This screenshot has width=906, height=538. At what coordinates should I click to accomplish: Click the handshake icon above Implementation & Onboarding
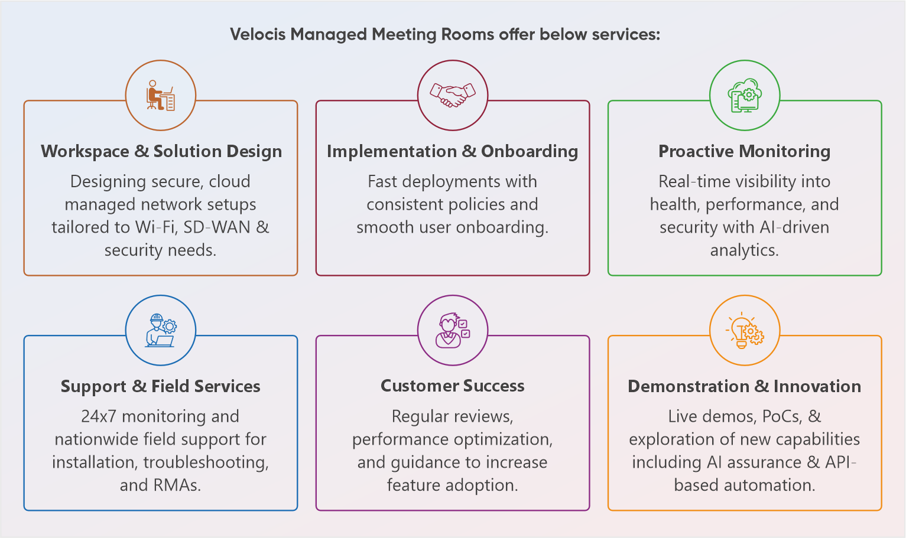453,95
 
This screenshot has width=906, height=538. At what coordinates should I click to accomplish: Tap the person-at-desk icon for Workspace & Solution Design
161,95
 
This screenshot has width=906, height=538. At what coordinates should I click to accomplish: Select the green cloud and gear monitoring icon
745,95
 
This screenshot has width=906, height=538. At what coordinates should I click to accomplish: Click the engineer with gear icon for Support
161,330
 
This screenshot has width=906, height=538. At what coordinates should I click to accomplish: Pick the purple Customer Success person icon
453,330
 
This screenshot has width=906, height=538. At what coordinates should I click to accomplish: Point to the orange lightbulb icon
745,330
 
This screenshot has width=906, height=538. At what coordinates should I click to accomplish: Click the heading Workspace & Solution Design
161,151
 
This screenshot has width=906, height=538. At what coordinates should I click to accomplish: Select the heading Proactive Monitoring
744,151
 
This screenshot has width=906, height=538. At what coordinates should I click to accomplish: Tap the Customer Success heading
453,386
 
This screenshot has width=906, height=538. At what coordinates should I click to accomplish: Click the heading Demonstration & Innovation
744,386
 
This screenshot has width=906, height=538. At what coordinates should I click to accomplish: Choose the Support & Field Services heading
161,386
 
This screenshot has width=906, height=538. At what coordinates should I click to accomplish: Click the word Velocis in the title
258,34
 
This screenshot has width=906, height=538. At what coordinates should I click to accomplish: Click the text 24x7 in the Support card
99,416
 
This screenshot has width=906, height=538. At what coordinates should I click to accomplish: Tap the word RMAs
177,485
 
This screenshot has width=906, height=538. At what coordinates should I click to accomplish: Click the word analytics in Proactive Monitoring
744,250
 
